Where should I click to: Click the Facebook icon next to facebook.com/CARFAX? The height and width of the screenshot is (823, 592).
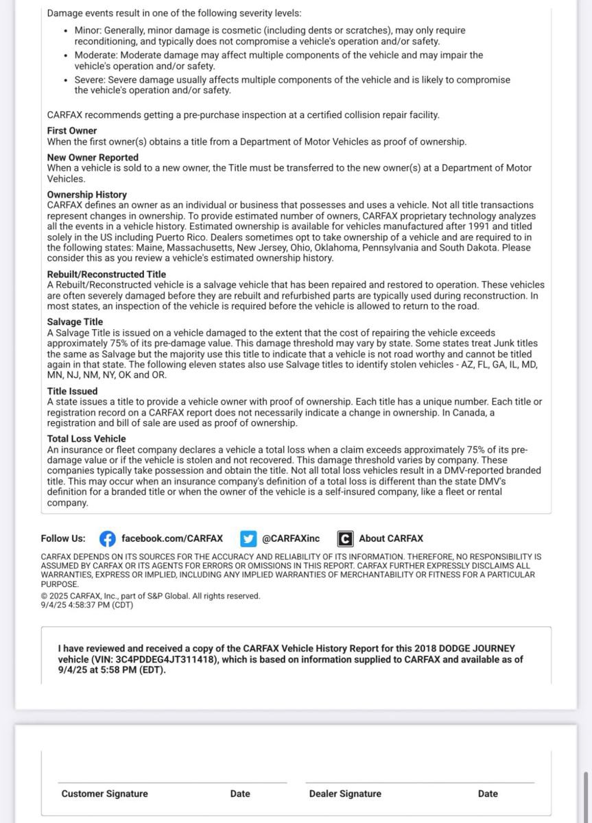pos(108,538)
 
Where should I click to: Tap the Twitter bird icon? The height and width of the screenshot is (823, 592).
pos(248,538)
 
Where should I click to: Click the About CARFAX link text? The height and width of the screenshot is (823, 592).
pos(391,538)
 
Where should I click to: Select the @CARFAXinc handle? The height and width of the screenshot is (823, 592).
pos(291,538)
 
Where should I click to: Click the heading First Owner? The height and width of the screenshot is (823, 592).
pos(72,130)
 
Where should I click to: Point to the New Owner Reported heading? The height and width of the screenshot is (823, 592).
pos(93,157)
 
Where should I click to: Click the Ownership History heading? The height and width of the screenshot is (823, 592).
pos(87,195)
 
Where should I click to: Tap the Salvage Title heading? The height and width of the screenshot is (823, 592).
pos(75,322)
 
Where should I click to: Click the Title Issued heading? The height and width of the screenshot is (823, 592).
pos(72,391)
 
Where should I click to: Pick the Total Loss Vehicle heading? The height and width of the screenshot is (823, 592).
pos(86,438)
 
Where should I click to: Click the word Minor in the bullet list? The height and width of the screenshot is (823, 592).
pos(88,31)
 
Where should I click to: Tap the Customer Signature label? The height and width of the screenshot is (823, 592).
pos(104,794)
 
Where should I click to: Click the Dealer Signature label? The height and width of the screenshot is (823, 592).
pos(345,794)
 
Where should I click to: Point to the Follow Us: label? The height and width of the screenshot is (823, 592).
pos(63,538)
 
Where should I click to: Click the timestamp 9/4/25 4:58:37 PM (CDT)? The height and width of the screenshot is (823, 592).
pos(87,605)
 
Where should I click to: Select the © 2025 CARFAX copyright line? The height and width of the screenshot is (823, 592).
pos(150,596)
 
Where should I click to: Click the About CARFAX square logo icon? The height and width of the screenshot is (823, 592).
pos(345,538)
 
